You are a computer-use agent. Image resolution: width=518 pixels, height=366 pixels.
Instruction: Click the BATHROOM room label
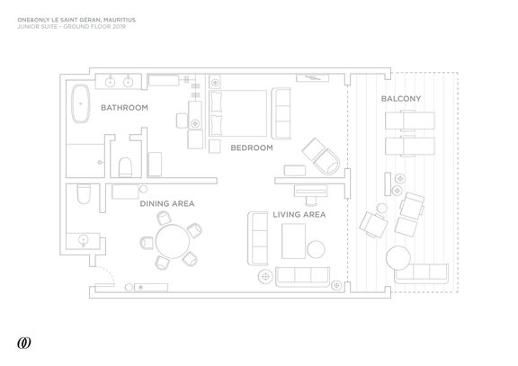point(124,108)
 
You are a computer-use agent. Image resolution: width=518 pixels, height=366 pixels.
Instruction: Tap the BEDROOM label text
point(252,147)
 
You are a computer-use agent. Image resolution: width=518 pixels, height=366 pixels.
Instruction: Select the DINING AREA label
point(167,203)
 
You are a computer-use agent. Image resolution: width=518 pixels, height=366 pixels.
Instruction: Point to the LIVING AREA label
point(299,214)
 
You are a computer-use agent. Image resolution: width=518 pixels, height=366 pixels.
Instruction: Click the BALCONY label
point(401,98)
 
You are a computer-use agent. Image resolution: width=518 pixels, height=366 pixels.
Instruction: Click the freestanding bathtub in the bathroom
point(81,103)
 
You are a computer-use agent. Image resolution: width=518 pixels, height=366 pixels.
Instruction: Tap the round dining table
point(173,241)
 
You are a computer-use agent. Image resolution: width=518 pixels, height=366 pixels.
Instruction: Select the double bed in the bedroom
point(237,113)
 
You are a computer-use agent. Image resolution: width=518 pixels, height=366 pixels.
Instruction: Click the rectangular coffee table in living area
point(293,241)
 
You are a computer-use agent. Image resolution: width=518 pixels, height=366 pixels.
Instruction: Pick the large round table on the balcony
point(398,258)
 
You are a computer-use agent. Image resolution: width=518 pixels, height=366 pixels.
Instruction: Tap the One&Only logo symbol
point(24,343)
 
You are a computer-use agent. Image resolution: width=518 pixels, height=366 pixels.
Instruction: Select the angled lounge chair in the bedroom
point(321,156)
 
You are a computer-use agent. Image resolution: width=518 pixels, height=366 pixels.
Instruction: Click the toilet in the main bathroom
point(125,167)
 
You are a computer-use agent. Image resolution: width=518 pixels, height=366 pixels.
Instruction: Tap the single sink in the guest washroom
point(84,240)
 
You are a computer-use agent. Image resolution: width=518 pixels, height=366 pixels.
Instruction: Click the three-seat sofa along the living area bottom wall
point(302,277)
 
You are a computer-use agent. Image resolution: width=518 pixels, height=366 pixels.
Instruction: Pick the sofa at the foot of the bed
point(281,113)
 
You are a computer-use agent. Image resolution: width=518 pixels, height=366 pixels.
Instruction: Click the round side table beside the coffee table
point(316,249)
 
